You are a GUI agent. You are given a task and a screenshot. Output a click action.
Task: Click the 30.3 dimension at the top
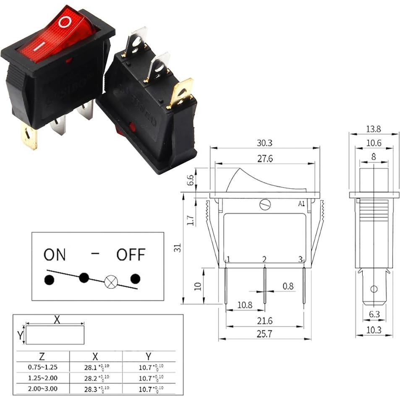point(264,143)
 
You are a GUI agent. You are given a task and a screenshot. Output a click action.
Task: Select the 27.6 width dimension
point(264,159)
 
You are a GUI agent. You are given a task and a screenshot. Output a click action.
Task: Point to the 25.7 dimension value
point(264,334)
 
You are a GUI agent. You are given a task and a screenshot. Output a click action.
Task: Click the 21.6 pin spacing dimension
point(264,321)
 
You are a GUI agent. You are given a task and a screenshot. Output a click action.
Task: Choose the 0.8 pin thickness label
point(288,286)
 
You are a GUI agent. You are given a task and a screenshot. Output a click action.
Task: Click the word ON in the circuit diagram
point(55,255)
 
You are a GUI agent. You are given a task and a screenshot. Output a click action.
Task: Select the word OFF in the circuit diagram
point(131,255)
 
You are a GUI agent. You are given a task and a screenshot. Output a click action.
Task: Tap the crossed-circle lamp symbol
point(110,282)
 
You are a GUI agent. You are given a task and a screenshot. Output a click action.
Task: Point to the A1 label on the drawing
point(301,204)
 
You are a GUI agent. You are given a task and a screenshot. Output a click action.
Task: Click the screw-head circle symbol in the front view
point(265,204)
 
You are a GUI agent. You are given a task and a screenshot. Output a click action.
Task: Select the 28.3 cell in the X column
point(95,388)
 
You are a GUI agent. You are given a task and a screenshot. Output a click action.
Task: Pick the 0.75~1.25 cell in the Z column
point(42,367)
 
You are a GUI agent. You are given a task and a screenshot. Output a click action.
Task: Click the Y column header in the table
point(148,356)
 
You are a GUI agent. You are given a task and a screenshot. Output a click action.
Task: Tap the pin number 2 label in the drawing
point(264,259)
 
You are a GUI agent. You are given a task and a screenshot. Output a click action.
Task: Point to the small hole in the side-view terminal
point(374,289)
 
